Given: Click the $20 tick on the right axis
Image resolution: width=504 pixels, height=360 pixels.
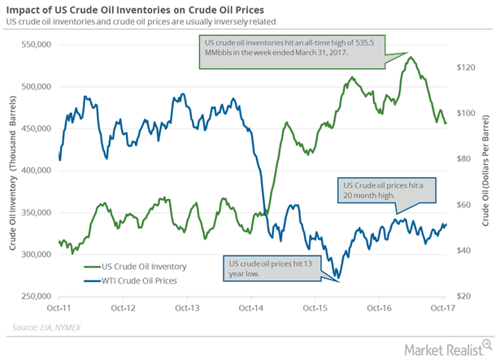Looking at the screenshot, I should pyautogui.click(x=463, y=297).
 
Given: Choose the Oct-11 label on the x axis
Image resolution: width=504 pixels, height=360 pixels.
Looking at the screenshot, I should pyautogui.click(x=59, y=309).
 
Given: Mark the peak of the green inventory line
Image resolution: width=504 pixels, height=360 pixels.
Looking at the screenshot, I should pyautogui.click(x=411, y=57).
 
